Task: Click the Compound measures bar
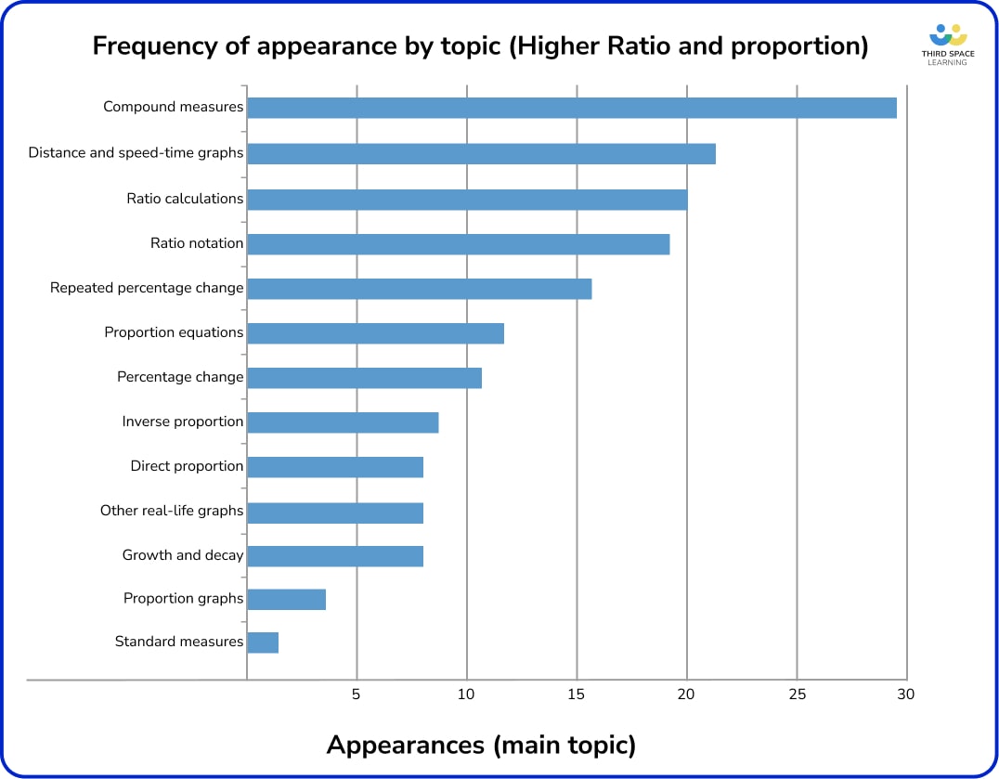click(572, 108)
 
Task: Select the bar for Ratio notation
click(459, 244)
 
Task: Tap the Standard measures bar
click(263, 642)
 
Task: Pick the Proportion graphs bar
click(287, 599)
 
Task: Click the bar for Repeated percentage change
click(420, 289)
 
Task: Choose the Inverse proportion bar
click(343, 422)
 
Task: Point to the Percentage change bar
click(365, 378)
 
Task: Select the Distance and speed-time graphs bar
click(481, 153)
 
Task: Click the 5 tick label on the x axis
click(356, 695)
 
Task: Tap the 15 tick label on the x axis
click(577, 695)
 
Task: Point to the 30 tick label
click(905, 695)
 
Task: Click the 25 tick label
click(797, 695)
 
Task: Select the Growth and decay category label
click(183, 555)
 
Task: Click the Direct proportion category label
click(187, 466)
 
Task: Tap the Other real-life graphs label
click(172, 511)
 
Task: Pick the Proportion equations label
click(174, 332)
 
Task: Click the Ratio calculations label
click(185, 199)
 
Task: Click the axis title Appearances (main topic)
click(481, 745)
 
